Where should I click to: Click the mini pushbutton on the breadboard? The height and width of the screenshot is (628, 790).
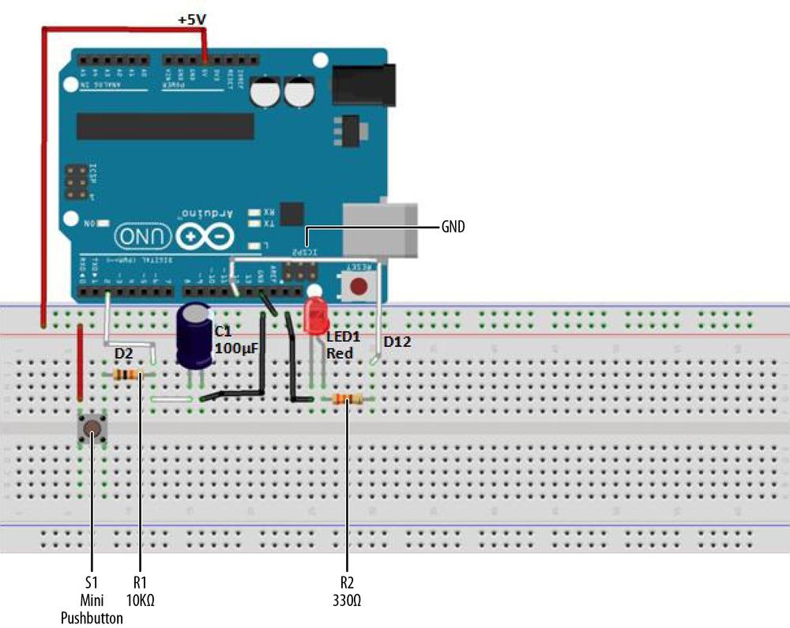[x=92, y=429]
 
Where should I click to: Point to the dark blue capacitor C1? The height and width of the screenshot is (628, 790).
[x=193, y=336]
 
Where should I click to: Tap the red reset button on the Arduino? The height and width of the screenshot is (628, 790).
[x=360, y=286]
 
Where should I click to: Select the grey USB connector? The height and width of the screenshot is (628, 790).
[x=379, y=227]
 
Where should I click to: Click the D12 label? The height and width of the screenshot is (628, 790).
[x=398, y=342]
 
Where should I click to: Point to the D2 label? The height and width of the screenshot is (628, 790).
[x=124, y=353]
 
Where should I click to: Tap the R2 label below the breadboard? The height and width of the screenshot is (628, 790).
[x=347, y=582]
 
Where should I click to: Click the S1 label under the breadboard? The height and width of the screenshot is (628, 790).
[x=92, y=582]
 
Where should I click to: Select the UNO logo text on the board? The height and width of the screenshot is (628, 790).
[x=143, y=235]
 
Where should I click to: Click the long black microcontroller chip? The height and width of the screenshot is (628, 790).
[x=165, y=126]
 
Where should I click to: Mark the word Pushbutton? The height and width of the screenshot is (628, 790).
[x=92, y=618]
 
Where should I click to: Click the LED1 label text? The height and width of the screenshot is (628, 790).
[x=344, y=337]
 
